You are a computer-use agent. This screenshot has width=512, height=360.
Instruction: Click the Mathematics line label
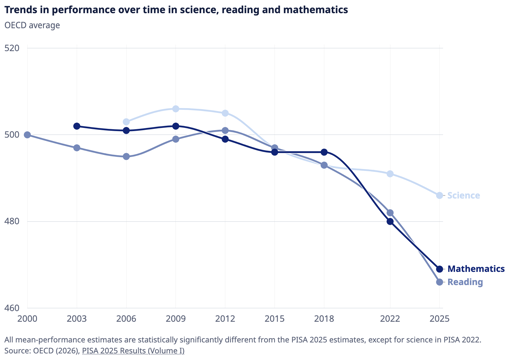coord(476,269)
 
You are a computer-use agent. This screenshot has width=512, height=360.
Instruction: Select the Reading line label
coord(465,282)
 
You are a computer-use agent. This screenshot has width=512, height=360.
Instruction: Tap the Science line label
coord(463,195)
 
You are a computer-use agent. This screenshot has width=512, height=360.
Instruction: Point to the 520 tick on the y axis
coord(12,48)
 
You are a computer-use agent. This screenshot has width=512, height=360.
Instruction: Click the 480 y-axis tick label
coord(12,221)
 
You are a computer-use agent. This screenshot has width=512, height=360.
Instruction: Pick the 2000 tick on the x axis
coord(27,319)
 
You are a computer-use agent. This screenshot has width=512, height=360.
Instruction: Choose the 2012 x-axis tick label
coord(225,319)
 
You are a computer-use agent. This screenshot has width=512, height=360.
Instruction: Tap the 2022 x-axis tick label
coord(390,319)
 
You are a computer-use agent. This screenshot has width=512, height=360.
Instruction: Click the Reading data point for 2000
coord(27,135)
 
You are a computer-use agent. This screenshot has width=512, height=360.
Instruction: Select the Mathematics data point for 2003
coord(77,126)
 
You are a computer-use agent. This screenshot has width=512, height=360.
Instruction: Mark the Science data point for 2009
coord(176,109)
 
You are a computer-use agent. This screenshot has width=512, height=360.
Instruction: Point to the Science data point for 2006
coord(126,122)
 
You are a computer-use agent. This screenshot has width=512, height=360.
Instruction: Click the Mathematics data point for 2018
coord(324,152)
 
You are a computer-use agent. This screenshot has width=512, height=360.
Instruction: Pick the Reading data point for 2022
coord(390,213)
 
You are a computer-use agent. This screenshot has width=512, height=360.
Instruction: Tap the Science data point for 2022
coord(390,174)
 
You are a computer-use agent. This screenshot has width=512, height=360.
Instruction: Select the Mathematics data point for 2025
coord(440,269)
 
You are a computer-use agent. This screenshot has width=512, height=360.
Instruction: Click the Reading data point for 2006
coord(126,156)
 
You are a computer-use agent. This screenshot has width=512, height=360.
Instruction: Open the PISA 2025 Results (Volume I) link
coord(133,351)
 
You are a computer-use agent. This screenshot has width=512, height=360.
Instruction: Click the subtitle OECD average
coord(32,25)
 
